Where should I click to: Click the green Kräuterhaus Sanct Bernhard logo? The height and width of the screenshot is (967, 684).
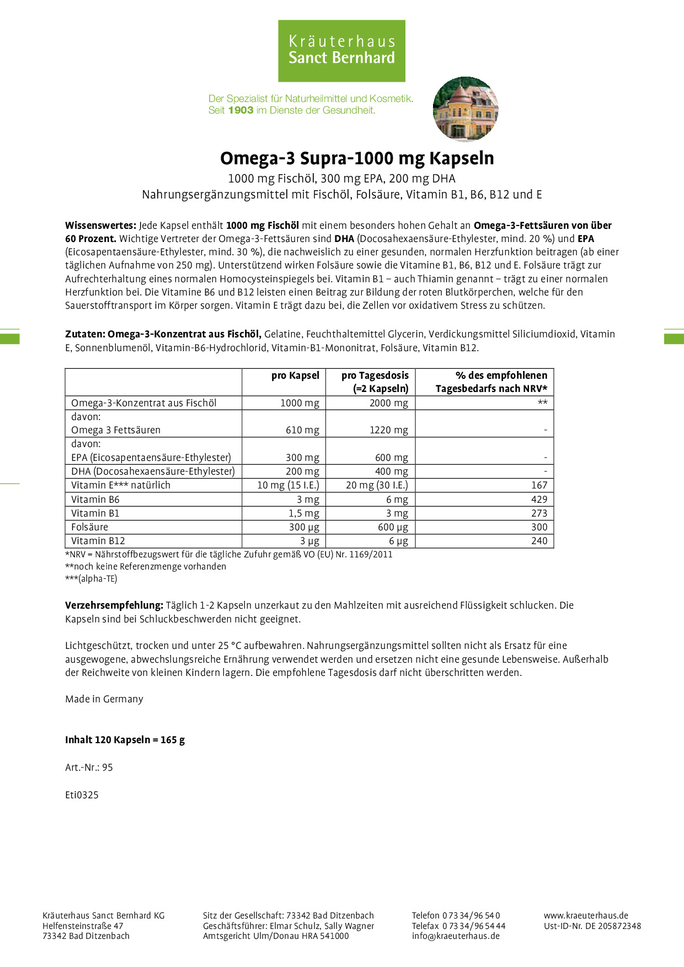341,51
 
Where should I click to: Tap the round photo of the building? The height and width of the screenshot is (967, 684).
466,109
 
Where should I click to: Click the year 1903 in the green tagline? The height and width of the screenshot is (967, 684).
241,110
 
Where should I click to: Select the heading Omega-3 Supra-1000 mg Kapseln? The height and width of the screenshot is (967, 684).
357,158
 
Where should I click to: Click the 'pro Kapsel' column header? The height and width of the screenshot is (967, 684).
295,375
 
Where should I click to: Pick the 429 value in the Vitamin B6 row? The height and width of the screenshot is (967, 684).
539,499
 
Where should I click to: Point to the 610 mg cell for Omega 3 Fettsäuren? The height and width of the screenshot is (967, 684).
302,430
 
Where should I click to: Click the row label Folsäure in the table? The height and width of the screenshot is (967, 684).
90,527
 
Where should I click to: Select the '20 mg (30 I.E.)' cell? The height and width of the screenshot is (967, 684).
377,485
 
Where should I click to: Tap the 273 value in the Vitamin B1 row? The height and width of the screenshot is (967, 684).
539,513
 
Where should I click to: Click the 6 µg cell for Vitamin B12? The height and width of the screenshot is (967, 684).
398,541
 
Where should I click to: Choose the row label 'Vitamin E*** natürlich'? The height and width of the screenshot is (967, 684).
121,485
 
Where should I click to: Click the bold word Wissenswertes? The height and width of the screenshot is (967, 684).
100,225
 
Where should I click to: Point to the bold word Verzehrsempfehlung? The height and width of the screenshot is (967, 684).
114,605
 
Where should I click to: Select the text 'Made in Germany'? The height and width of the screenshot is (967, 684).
104,699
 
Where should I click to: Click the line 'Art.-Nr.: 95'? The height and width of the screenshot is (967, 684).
89,767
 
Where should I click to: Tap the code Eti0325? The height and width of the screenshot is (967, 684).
82,795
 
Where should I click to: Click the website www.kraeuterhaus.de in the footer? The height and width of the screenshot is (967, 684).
586,916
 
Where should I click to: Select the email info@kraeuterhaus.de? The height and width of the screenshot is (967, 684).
456,936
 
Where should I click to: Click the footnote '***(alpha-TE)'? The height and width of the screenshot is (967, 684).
91,579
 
